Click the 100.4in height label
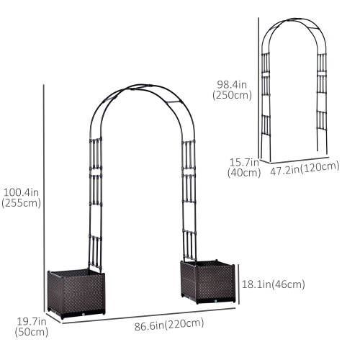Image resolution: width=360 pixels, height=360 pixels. click(x=21, y=192)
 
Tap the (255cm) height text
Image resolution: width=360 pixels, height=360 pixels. click(x=21, y=203)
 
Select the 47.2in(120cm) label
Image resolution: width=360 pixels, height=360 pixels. click(x=305, y=168)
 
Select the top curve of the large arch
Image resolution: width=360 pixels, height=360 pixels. click(x=140, y=89)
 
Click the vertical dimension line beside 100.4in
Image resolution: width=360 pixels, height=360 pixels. click(x=45, y=194)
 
